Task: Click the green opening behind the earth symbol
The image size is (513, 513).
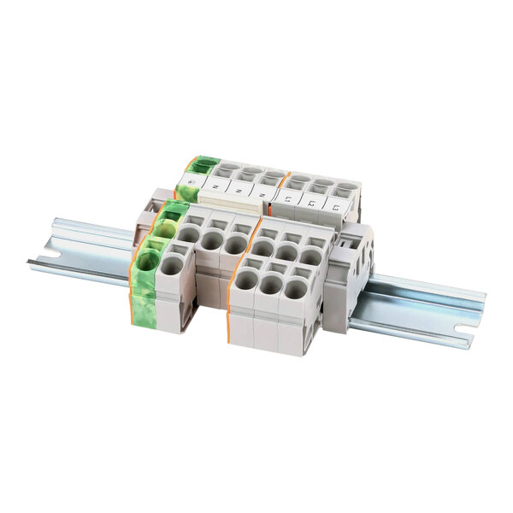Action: click(x=204, y=167)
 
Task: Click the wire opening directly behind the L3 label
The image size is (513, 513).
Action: click(x=345, y=190)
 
